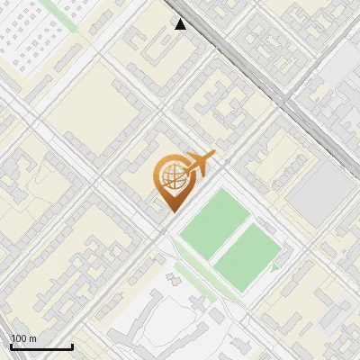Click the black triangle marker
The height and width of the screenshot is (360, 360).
(x=181, y=24)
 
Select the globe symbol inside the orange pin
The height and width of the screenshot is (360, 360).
(x=171, y=177)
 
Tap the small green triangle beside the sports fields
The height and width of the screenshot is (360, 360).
(x=275, y=266)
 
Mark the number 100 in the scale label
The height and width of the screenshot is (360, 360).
(x=20, y=338)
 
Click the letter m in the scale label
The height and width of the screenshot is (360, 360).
(x=32, y=338)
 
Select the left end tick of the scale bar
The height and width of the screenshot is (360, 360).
(x=11, y=346)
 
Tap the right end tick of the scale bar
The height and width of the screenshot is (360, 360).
(x=72, y=346)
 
